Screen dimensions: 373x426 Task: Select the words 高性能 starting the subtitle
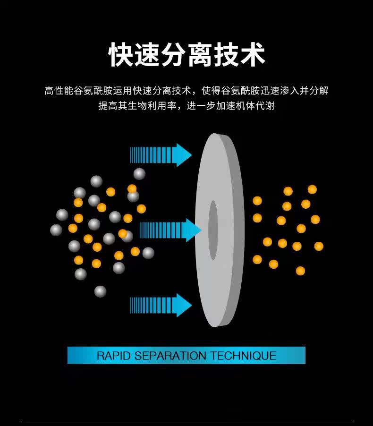60,90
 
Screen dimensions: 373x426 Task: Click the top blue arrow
161,155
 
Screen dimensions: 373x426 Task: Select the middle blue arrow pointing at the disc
170,230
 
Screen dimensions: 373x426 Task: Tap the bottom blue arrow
161,305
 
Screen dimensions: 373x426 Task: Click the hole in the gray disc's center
213,230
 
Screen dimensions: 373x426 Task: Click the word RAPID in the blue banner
114,356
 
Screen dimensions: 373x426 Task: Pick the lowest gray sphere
100,291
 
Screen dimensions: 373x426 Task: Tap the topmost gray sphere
139,174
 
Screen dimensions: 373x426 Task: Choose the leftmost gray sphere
56,230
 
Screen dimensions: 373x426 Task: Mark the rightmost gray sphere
148,253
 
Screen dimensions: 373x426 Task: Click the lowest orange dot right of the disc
300,271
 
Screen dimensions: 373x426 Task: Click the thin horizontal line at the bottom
186,422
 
